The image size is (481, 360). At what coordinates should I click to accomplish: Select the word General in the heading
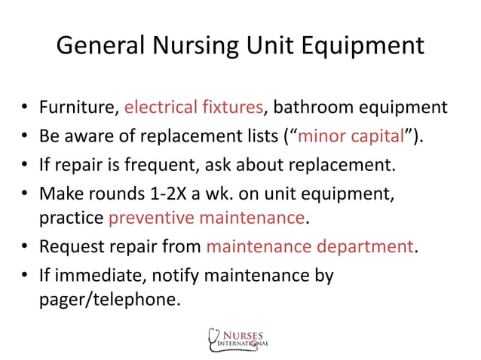94,47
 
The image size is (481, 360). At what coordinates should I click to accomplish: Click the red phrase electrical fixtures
194,108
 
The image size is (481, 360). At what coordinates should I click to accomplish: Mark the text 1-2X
169,191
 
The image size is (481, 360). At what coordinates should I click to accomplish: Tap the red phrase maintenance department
308,246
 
